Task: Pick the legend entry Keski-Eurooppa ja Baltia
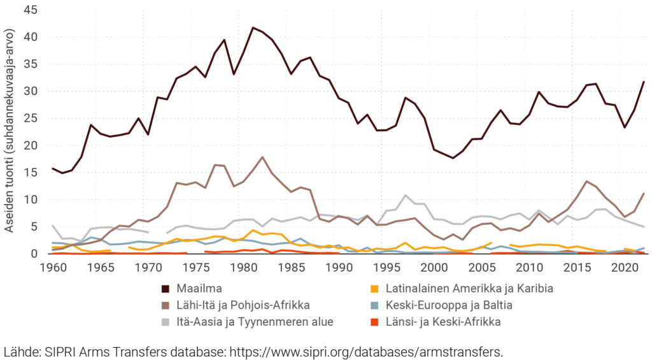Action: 458,305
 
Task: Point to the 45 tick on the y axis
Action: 31,10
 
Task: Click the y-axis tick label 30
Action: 31,91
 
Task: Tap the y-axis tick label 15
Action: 31,173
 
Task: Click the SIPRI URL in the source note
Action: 366,351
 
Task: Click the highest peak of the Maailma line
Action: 253,27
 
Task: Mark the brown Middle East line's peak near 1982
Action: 262,157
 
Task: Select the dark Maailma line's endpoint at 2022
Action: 644,82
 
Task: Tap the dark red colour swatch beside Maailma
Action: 166,289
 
